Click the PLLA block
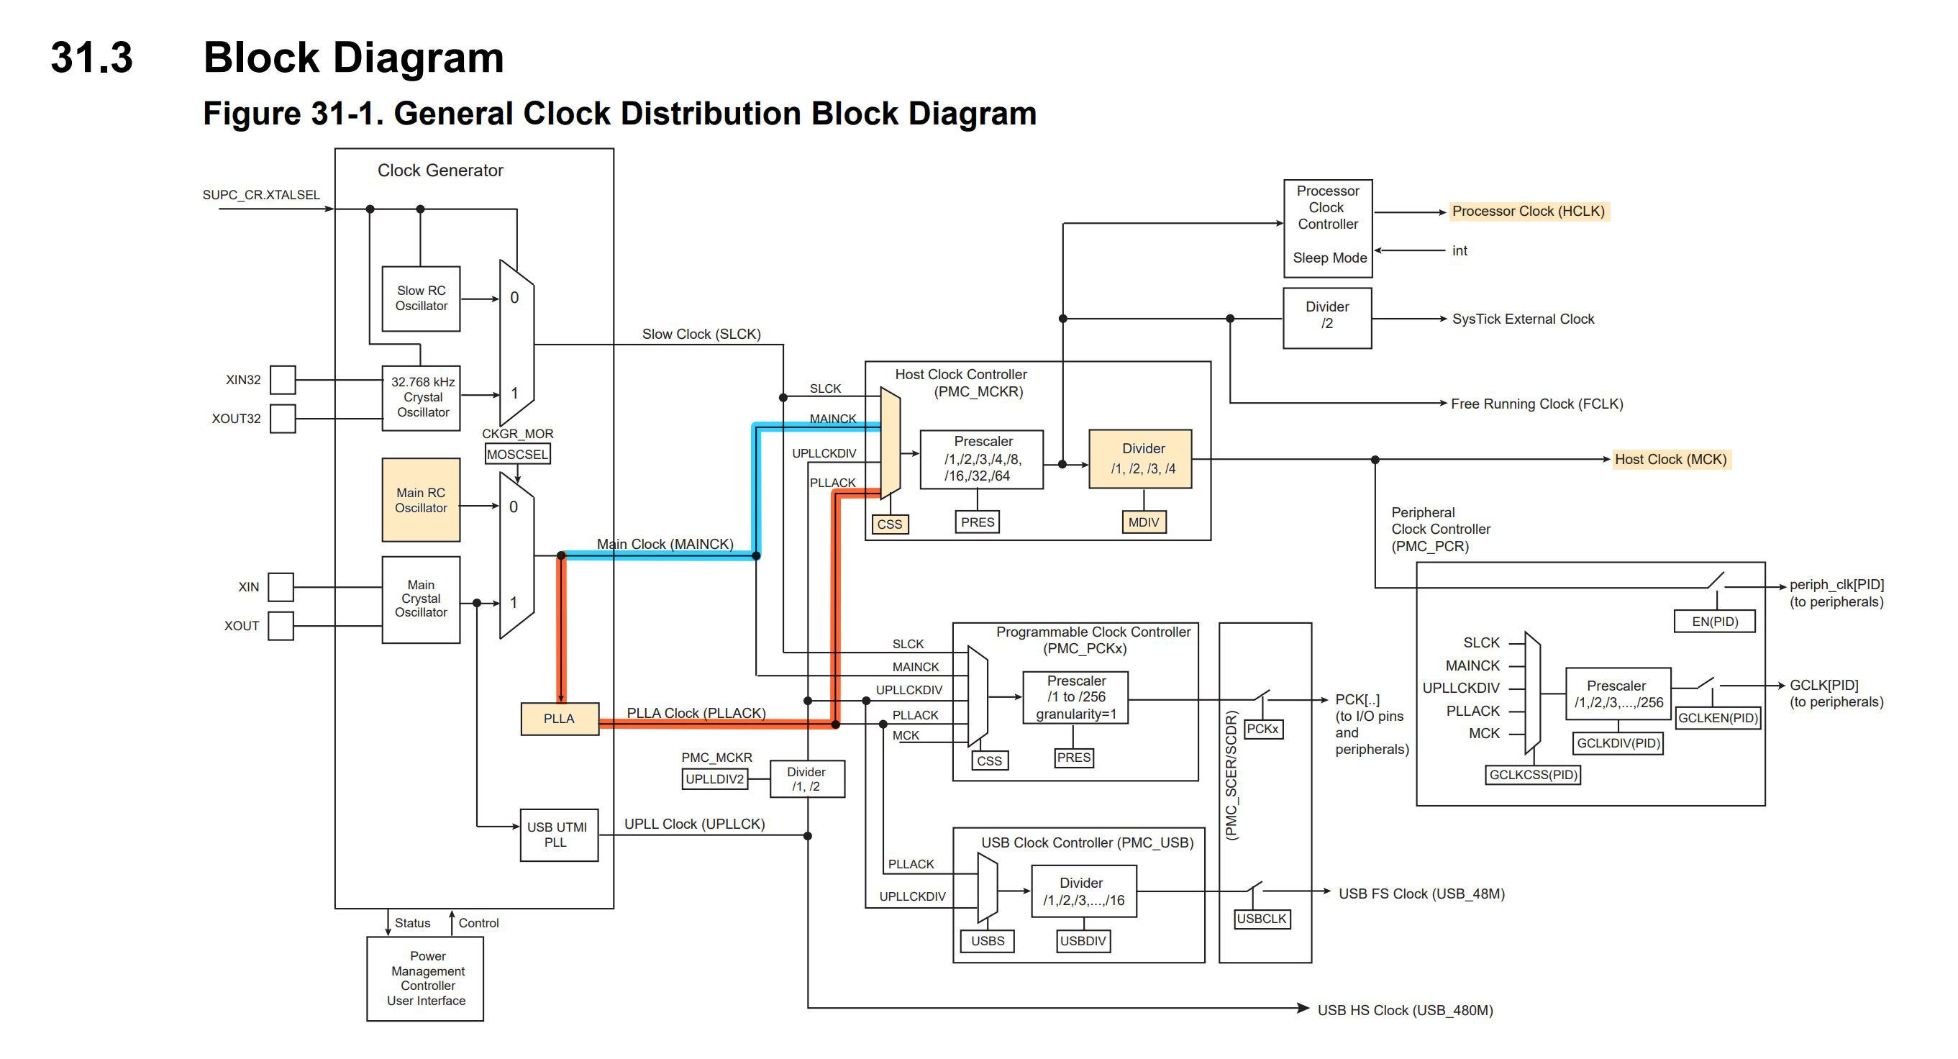[x=560, y=719]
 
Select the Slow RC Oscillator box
[x=420, y=299]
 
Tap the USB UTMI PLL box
[x=559, y=835]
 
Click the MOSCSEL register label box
[x=518, y=455]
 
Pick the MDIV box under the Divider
[x=1143, y=522]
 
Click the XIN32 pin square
[x=283, y=379]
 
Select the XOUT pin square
[x=281, y=626]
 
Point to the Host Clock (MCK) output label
[x=1670, y=459]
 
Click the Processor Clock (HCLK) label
[x=1528, y=212]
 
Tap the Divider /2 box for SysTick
[x=1326, y=318]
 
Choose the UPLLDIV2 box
[x=714, y=779]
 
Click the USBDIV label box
[x=1083, y=941]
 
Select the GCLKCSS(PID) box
[x=1532, y=775]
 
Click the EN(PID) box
[x=1714, y=621]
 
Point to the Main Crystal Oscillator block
[x=420, y=599]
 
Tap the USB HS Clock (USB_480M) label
[x=1405, y=1010]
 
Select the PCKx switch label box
[x=1262, y=729]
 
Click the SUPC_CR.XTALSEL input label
[x=260, y=196]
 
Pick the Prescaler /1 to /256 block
[x=1075, y=697]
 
